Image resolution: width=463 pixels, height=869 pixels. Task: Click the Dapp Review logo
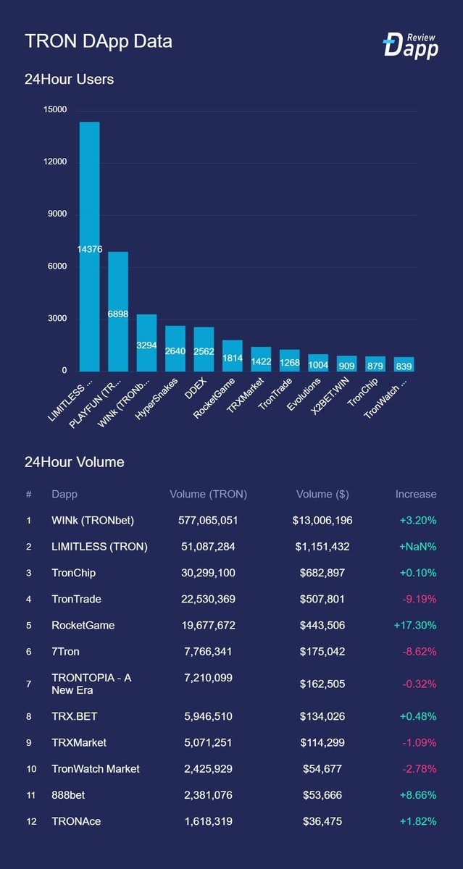pos(411,44)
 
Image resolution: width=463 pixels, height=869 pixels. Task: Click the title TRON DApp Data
pos(99,41)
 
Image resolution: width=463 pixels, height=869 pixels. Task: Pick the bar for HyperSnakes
pos(175,348)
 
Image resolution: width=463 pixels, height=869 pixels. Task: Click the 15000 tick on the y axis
pos(55,110)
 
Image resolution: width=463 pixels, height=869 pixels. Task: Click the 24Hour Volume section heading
pos(75,462)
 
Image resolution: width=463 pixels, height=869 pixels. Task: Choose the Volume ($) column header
pos(322,494)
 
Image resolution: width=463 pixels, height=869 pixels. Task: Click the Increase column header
pos(415,494)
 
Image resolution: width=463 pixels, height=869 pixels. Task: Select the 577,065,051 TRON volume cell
pos(208,520)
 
